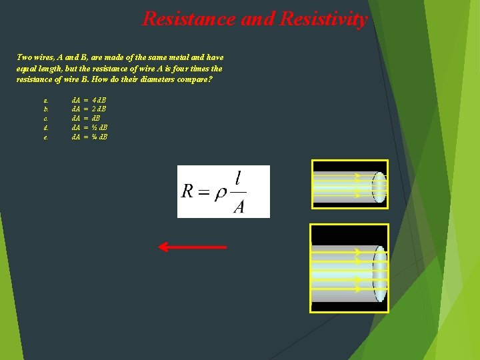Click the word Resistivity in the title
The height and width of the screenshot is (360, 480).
[324, 19]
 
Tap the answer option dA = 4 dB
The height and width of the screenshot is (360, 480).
[89, 100]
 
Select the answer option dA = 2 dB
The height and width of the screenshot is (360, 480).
[89, 109]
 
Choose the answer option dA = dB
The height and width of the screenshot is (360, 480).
[85, 118]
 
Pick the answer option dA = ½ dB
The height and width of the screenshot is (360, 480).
[90, 127]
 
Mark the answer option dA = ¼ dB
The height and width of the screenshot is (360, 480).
[90, 137]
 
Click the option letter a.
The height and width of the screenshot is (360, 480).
[45, 101]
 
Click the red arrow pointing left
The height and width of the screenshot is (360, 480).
[192, 247]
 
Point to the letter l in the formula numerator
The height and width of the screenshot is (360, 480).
[238, 179]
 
